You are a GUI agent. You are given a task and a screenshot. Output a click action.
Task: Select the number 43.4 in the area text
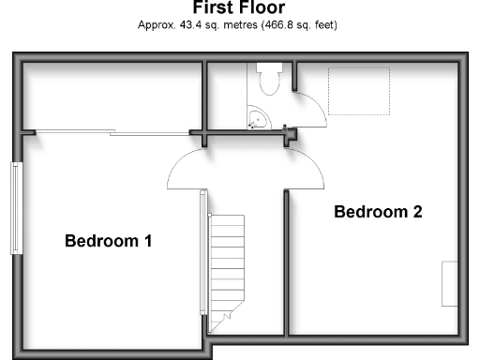click(x=189, y=25)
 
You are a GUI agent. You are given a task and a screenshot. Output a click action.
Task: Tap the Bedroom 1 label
click(x=108, y=241)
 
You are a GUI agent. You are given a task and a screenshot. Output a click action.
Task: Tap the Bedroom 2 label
click(x=378, y=212)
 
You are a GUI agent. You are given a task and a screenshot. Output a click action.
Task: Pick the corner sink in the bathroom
click(x=257, y=120)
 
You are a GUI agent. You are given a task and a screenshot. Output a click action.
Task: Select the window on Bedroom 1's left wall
click(x=16, y=208)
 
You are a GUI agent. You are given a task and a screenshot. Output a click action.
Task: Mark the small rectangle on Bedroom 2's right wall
click(x=450, y=283)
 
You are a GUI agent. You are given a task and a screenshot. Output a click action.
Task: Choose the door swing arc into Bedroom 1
click(x=186, y=169)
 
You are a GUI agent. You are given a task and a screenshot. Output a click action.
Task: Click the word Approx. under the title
click(x=155, y=25)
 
